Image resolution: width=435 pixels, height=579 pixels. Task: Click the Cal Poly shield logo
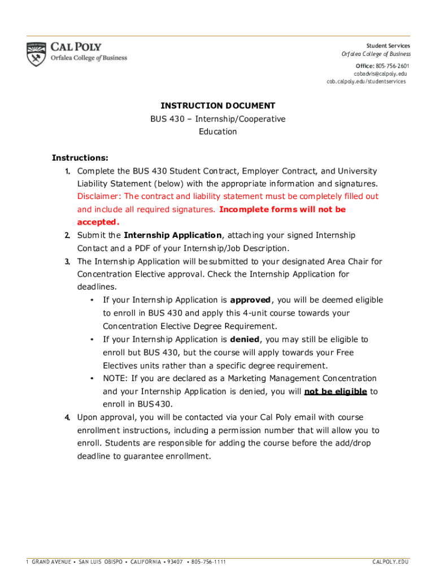point(36,54)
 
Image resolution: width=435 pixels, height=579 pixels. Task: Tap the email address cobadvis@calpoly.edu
point(380,74)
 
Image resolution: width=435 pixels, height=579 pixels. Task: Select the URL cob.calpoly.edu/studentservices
point(366,81)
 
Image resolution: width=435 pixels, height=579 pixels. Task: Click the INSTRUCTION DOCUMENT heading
point(217,106)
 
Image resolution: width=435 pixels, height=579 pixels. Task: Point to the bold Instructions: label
point(80,158)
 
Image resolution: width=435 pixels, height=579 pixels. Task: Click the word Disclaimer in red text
point(98,196)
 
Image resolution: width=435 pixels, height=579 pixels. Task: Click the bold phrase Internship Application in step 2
point(173,235)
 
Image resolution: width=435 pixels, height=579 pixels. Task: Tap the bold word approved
point(250,300)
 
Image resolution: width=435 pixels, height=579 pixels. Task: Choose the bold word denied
point(245,339)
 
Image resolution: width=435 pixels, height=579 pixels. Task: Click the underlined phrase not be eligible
point(336,391)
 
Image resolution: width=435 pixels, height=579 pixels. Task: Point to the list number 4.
point(67,417)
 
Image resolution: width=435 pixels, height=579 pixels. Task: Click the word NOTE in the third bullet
point(115,378)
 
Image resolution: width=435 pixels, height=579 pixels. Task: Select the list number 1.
point(67,171)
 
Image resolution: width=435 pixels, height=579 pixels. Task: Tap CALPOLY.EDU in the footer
point(390,561)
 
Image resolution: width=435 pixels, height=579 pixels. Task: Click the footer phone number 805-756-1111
point(208,561)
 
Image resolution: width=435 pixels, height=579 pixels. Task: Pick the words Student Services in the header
point(388,46)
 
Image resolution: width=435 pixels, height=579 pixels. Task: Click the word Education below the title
point(217,132)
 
